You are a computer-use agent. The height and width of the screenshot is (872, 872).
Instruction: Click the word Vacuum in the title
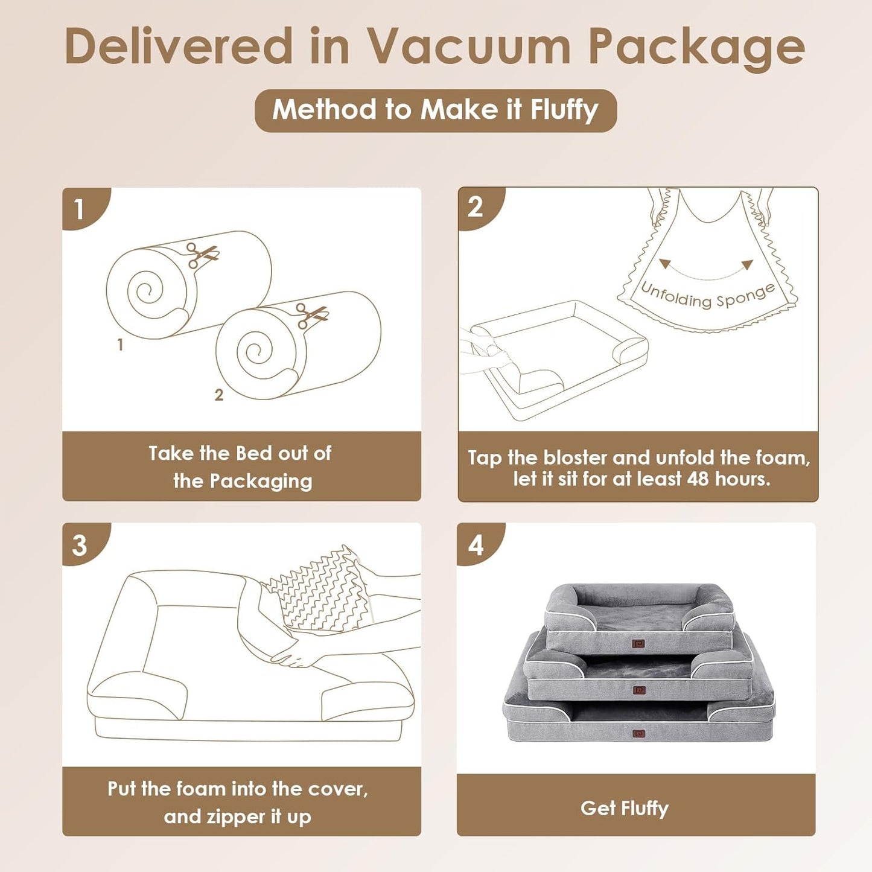(469, 47)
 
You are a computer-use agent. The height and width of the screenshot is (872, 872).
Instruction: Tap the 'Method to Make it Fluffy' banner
(435, 110)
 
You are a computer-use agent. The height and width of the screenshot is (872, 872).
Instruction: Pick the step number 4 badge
(476, 545)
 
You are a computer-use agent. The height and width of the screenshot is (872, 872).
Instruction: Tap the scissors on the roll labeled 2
(311, 315)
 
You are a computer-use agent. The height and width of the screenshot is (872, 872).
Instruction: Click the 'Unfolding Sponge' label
(707, 296)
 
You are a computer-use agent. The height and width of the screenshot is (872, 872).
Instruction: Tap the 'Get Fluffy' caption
(625, 808)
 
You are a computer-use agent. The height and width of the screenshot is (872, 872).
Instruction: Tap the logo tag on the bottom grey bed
(639, 734)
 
